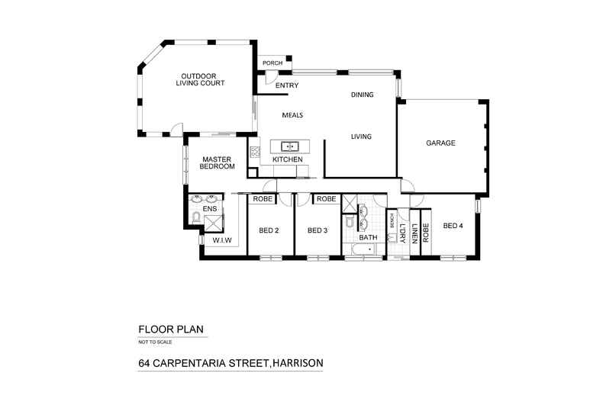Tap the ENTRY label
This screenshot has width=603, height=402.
click(286, 85)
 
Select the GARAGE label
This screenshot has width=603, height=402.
click(440, 143)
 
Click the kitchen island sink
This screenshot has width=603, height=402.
click(289, 145)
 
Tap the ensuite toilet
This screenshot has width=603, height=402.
click(195, 219)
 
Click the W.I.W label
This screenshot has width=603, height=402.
click(221, 241)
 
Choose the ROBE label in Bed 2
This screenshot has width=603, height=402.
click(263, 199)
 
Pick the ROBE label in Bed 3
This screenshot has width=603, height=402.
click(326, 199)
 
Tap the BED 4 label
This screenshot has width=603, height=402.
click(453, 225)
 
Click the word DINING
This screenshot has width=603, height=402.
click(362, 95)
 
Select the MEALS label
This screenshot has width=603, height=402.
click(293, 114)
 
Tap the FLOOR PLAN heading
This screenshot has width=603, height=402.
click(171, 330)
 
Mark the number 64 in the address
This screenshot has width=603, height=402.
click(145, 363)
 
